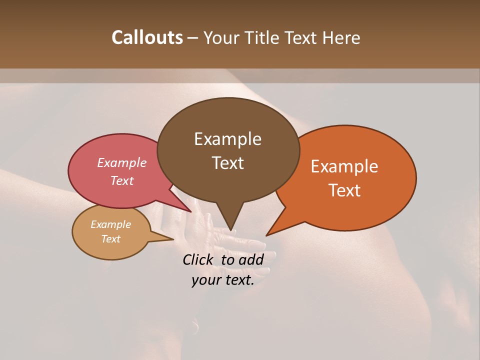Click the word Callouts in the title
[x=147, y=37]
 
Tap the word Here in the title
[x=341, y=37]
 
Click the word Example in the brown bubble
[x=227, y=139]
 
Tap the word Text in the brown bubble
[x=227, y=163]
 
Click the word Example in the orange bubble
[x=344, y=166]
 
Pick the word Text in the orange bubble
[x=344, y=190]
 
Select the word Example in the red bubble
[x=122, y=163]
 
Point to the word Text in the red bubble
[x=122, y=181]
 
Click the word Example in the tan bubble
[x=111, y=224]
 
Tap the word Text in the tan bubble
[x=111, y=239]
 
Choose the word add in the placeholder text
[x=251, y=259]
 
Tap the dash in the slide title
[x=193, y=38]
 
